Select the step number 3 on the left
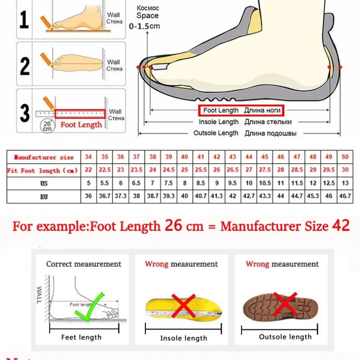point(25,112)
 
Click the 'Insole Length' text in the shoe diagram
point(219,122)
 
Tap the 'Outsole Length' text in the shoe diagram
point(216,133)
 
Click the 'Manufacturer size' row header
point(44,157)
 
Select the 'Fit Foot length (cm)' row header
point(43,171)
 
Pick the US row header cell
point(43,184)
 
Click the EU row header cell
point(43,197)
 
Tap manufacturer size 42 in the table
point(216,157)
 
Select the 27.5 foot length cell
point(265,171)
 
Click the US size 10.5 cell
point(265,184)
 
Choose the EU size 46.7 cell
point(345,197)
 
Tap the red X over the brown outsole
point(285,304)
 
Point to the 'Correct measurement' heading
point(84,264)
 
